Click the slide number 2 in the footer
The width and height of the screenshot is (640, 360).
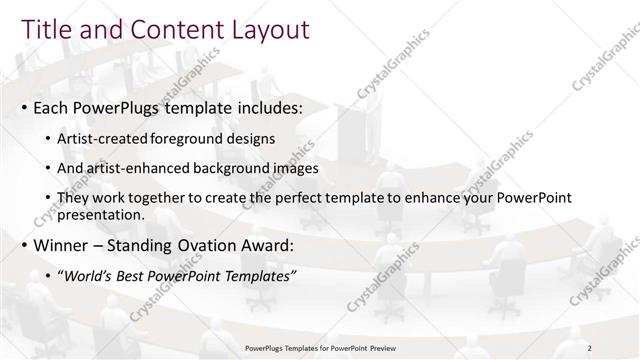click(x=590, y=348)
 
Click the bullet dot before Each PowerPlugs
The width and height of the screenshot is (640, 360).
click(x=25, y=106)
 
